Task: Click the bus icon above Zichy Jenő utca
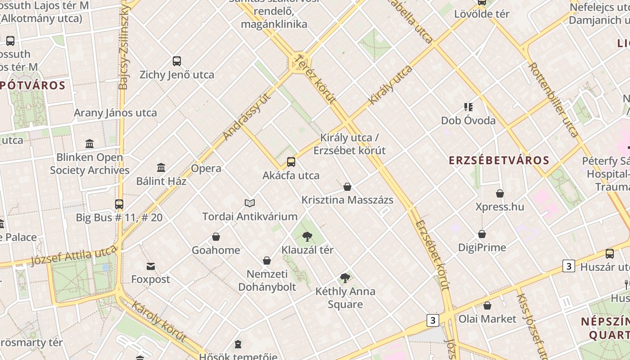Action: (x=177, y=61)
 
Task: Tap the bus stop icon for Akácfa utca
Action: (x=291, y=162)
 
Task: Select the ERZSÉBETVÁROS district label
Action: (x=499, y=161)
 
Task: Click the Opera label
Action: (x=206, y=168)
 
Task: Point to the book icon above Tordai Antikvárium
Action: (x=249, y=203)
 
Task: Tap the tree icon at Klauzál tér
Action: (x=307, y=236)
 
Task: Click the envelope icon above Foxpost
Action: (x=151, y=266)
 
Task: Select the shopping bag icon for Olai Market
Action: (x=487, y=306)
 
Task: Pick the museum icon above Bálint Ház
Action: (x=161, y=168)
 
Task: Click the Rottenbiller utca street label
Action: (x=553, y=99)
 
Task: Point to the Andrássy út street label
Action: (x=247, y=116)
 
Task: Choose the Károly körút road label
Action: (x=158, y=321)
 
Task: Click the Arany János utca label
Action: (x=115, y=113)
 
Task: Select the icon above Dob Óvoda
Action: (x=468, y=107)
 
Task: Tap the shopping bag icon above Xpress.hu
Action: (x=500, y=193)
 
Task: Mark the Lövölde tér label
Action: (x=481, y=14)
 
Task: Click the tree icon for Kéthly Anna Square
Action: (x=345, y=278)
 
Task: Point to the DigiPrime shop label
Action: (x=482, y=247)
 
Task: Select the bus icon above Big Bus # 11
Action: (x=119, y=204)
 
